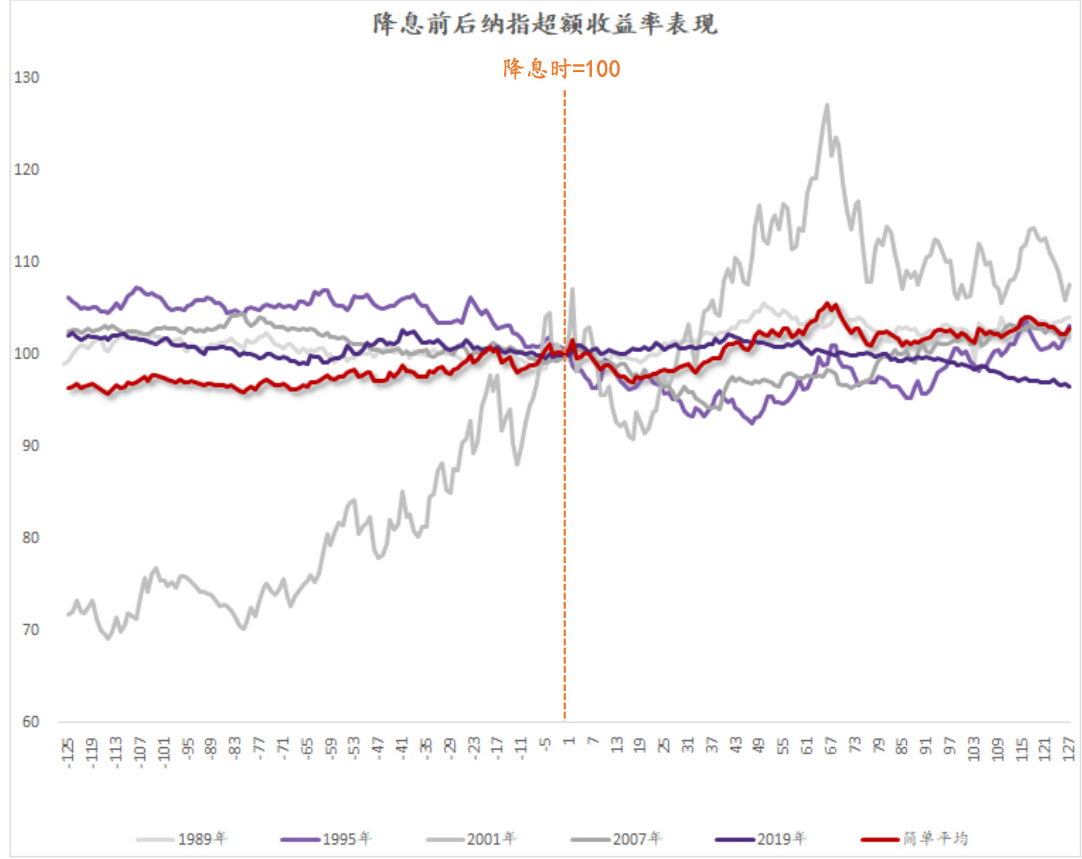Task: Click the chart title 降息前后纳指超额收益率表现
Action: pyautogui.click(x=545, y=24)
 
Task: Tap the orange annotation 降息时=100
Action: pyautogui.click(x=561, y=69)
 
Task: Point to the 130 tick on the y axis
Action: pyautogui.click(x=26, y=78)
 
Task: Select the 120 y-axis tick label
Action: pyautogui.click(x=26, y=170)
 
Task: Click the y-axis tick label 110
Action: pyautogui.click(x=26, y=262)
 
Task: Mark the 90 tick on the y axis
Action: pyautogui.click(x=29, y=446)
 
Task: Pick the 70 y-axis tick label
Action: pyautogui.click(x=29, y=630)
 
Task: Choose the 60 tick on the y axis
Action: pyautogui.click(x=29, y=722)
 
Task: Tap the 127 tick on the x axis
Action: pyautogui.click(x=1069, y=748)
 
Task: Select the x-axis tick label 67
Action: pyautogui.click(x=831, y=746)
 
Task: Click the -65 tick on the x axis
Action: pyautogui.click(x=307, y=748)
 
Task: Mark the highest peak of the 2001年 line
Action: pyautogui.click(x=828, y=105)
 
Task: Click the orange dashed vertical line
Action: pyautogui.click(x=564, y=476)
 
